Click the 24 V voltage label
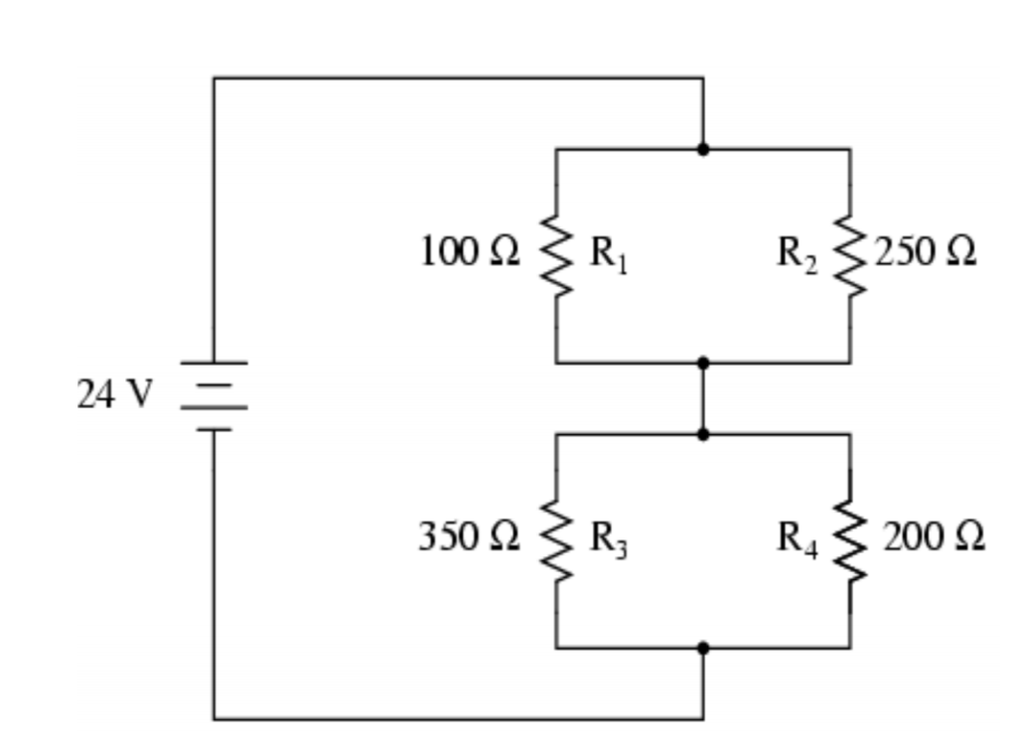[115, 395]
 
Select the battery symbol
[213, 395]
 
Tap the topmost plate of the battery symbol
[213, 363]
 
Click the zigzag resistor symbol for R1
[556, 255]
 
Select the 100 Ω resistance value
[469, 252]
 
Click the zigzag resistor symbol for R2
[849, 255]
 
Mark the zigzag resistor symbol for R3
[556, 541]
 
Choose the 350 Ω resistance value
[468, 537]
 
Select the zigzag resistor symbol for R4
[849, 541]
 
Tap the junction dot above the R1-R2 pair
[703, 149]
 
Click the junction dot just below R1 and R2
[703, 363]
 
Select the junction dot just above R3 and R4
[703, 434]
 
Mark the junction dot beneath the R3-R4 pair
[703, 648]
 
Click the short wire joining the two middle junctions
[703, 398]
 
